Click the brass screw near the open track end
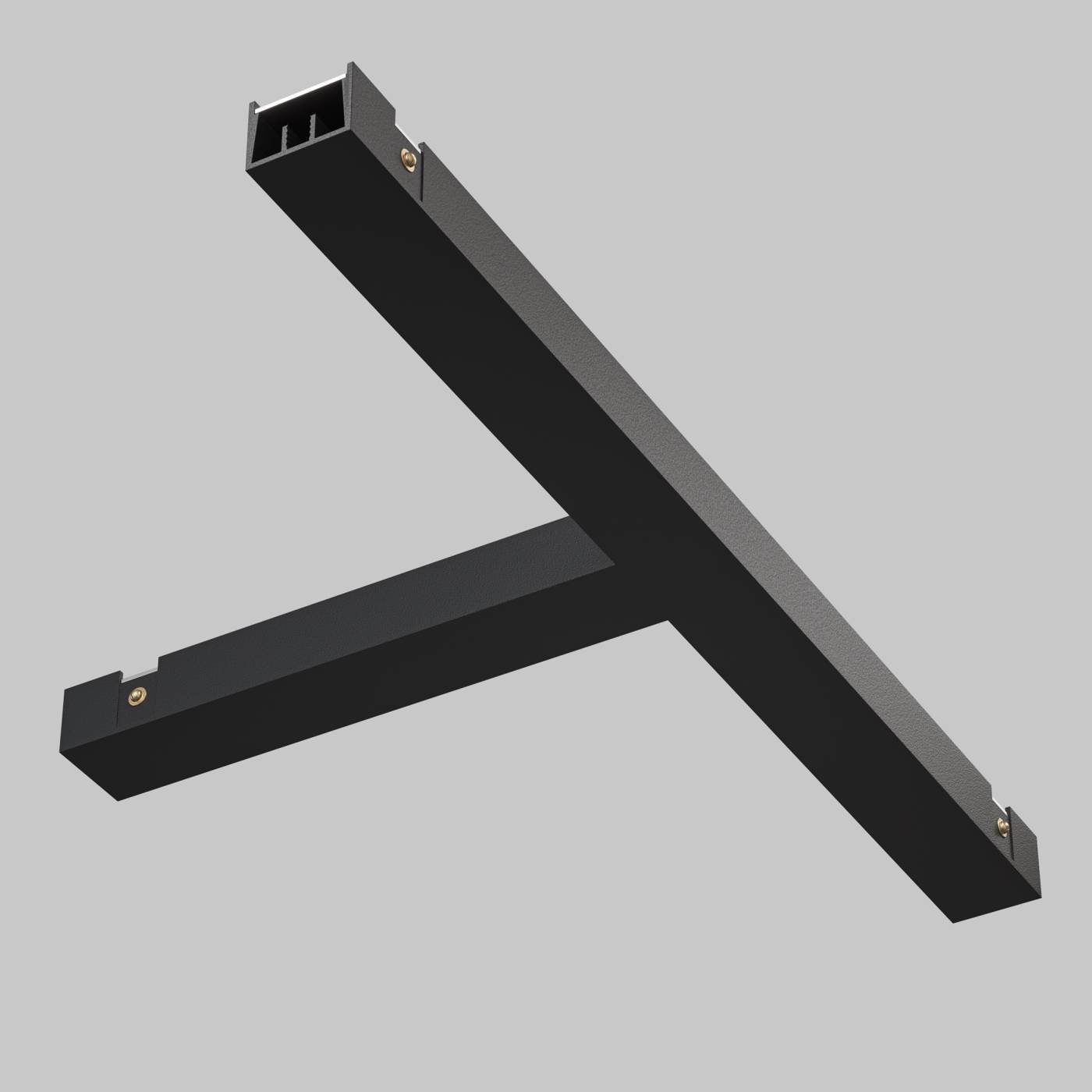coord(408,158)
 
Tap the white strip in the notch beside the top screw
coord(399,129)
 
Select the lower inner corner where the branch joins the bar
coord(667,621)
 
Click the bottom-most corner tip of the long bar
coord(953,922)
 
